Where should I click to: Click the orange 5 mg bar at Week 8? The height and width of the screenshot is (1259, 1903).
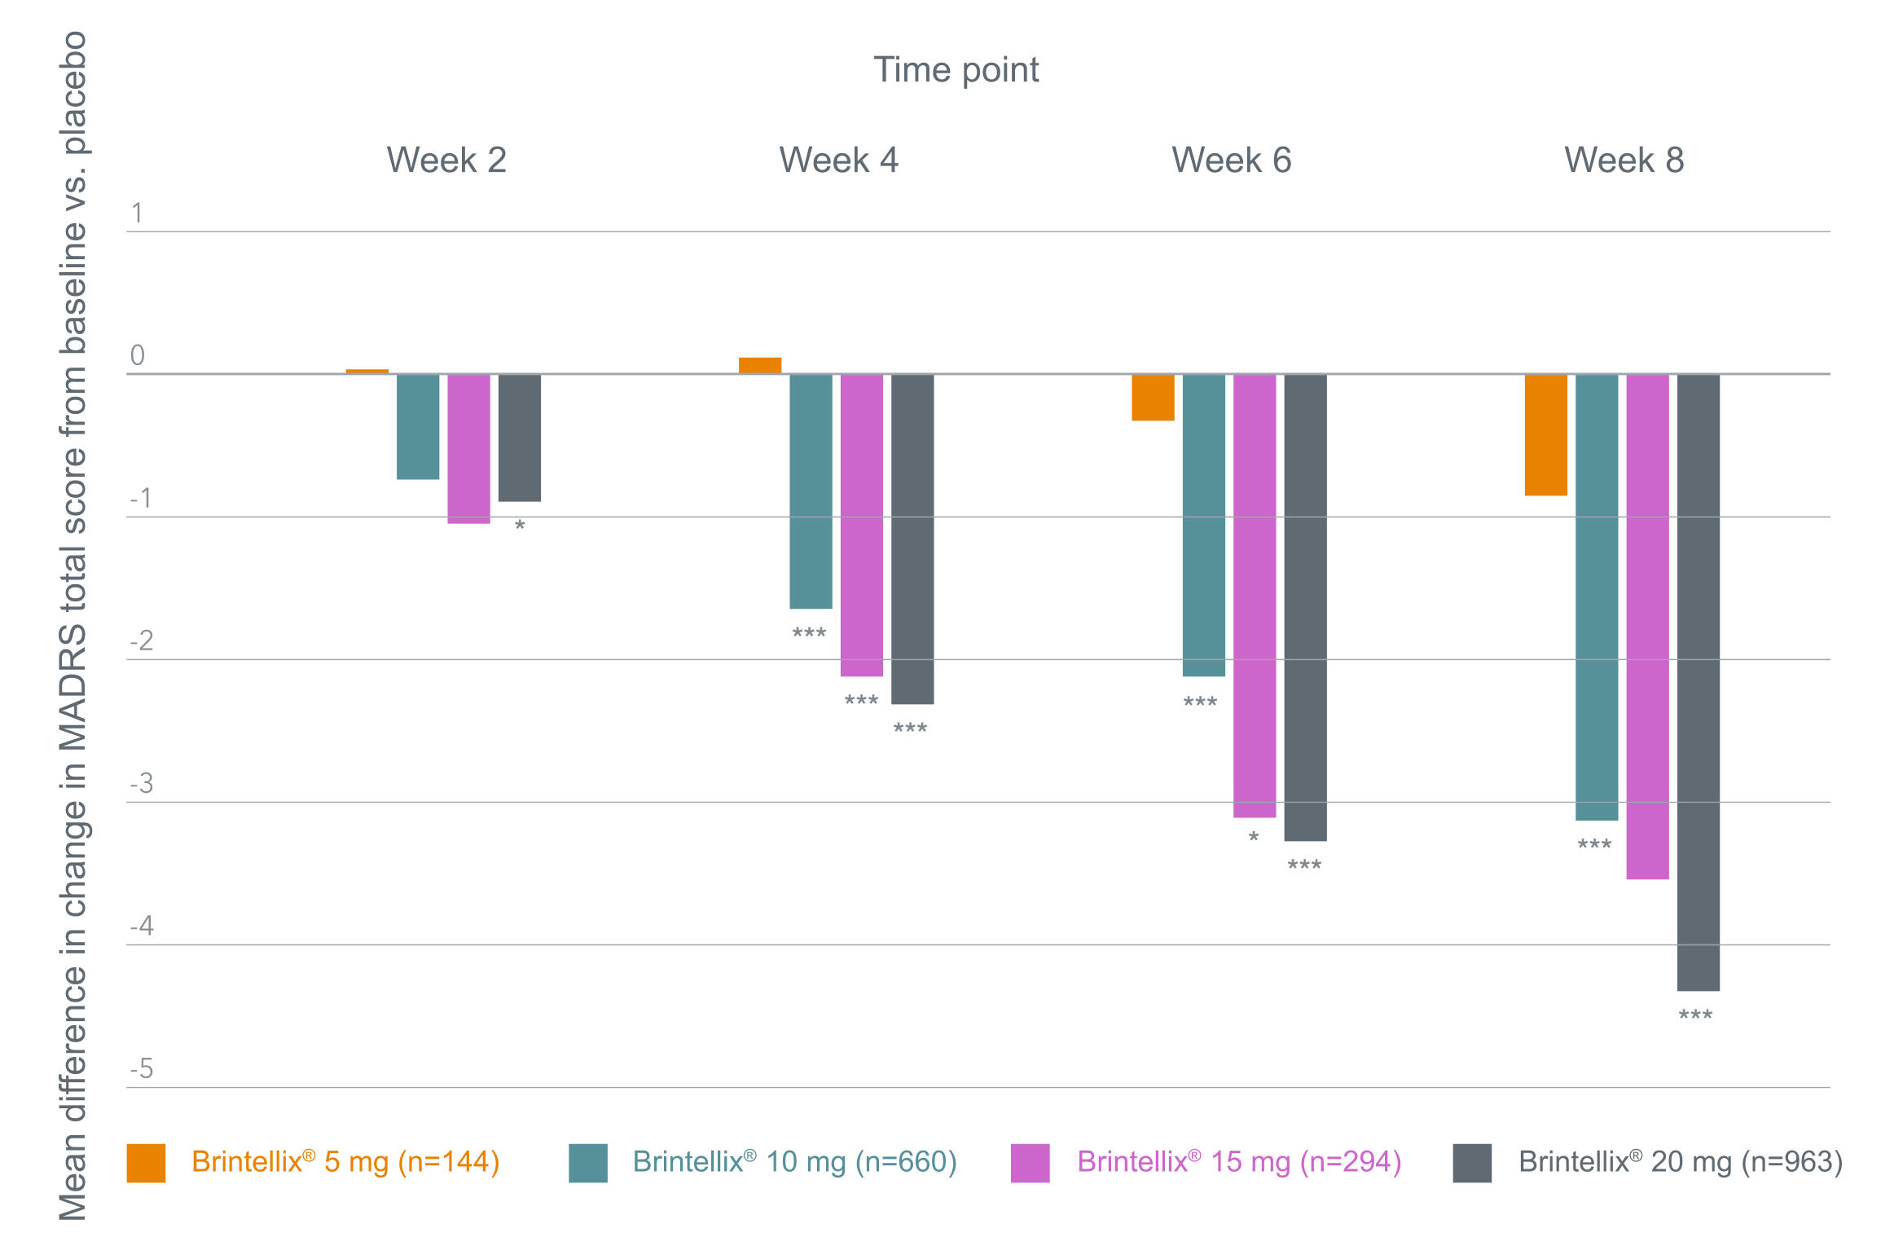pyautogui.click(x=1545, y=434)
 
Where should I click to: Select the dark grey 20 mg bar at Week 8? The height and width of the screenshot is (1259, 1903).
pyautogui.click(x=1698, y=682)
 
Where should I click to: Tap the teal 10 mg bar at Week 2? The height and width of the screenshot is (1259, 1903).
pyautogui.click(x=418, y=426)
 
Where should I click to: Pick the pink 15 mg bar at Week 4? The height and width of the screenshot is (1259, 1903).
pyautogui.click(x=861, y=525)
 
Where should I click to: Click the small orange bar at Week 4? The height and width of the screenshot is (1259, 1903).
pyautogui.click(x=760, y=365)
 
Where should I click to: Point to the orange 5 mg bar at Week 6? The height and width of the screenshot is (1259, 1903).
pyautogui.click(x=1153, y=397)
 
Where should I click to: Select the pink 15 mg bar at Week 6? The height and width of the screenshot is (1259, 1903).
pyautogui.click(x=1255, y=596)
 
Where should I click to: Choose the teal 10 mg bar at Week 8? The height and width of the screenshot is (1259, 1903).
pyautogui.click(x=1597, y=597)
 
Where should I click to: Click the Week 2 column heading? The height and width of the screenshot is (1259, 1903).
pyautogui.click(x=446, y=160)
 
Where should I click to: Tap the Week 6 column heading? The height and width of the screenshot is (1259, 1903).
pyautogui.click(x=1232, y=160)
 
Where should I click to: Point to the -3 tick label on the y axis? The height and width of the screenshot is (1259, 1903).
pyautogui.click(x=142, y=783)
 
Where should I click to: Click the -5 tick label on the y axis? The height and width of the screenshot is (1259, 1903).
pyautogui.click(x=142, y=1068)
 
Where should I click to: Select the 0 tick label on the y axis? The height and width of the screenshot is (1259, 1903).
pyautogui.click(x=138, y=355)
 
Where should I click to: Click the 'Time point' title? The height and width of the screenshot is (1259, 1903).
pyautogui.click(x=956, y=70)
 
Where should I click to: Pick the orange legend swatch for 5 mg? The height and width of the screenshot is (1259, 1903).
pyautogui.click(x=146, y=1163)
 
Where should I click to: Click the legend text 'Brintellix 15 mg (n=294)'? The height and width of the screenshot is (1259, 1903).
pyautogui.click(x=1239, y=1162)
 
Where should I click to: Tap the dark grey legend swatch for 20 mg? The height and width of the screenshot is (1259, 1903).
pyautogui.click(x=1472, y=1163)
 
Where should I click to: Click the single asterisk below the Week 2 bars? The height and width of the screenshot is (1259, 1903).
pyautogui.click(x=520, y=526)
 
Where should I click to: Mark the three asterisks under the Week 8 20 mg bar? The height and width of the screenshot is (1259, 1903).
pyautogui.click(x=1695, y=1015)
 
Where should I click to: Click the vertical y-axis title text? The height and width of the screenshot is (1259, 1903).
pyautogui.click(x=73, y=626)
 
